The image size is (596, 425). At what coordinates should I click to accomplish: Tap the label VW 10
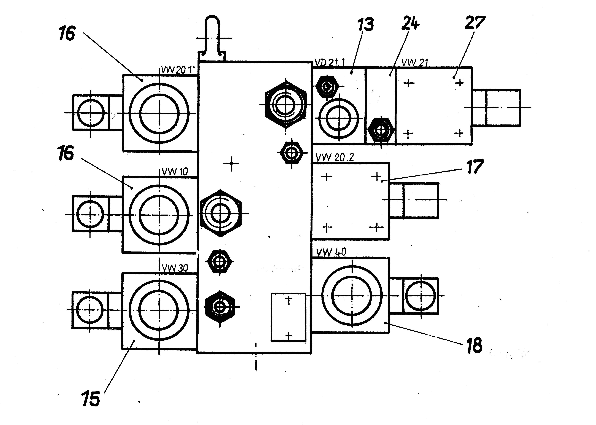(175, 172)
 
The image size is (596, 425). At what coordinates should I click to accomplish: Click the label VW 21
(415, 63)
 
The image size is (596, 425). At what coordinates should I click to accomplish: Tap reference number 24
(410, 23)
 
